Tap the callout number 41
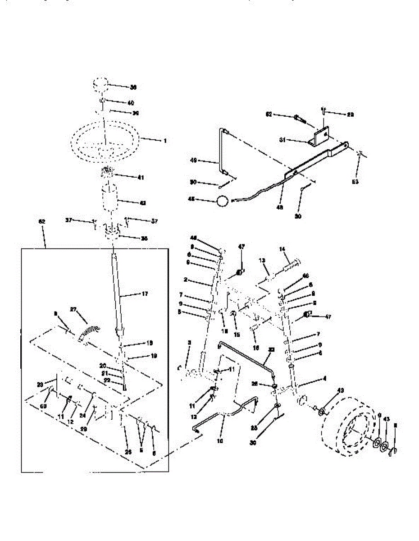coord(141,178)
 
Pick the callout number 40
coord(131,103)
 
